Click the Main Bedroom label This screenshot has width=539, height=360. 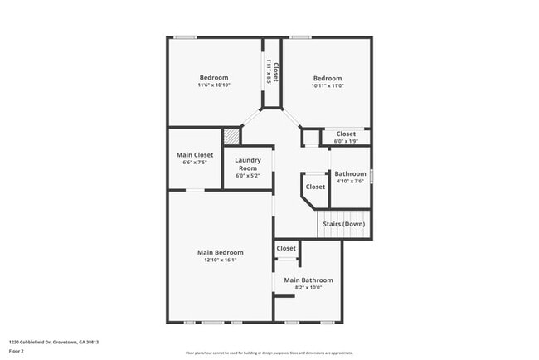pyautogui.click(x=220, y=252)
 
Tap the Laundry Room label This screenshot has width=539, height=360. pyautogui.click(x=248, y=163)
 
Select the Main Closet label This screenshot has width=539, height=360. pyautogui.click(x=195, y=155)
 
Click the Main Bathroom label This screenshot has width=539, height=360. pyautogui.click(x=308, y=280)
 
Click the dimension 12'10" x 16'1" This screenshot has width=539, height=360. pyautogui.click(x=220, y=260)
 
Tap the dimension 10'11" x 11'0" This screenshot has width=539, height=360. pyautogui.click(x=327, y=86)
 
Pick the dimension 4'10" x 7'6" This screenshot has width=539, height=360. pyautogui.click(x=349, y=182)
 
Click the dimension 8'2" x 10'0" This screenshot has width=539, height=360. pyautogui.click(x=308, y=288)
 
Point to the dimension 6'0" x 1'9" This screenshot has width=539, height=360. pyautogui.click(x=345, y=141)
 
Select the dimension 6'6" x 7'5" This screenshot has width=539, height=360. pyautogui.click(x=195, y=163)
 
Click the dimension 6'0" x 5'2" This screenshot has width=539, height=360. pyautogui.click(x=248, y=175)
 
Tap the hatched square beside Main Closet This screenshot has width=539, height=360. pyautogui.click(x=231, y=137)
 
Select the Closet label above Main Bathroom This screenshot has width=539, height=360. pyautogui.click(x=286, y=248)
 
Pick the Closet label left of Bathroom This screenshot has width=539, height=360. pyautogui.click(x=315, y=187)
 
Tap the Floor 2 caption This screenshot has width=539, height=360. pyautogui.click(x=17, y=351)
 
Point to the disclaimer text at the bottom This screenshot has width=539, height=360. pyautogui.click(x=269, y=352)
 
